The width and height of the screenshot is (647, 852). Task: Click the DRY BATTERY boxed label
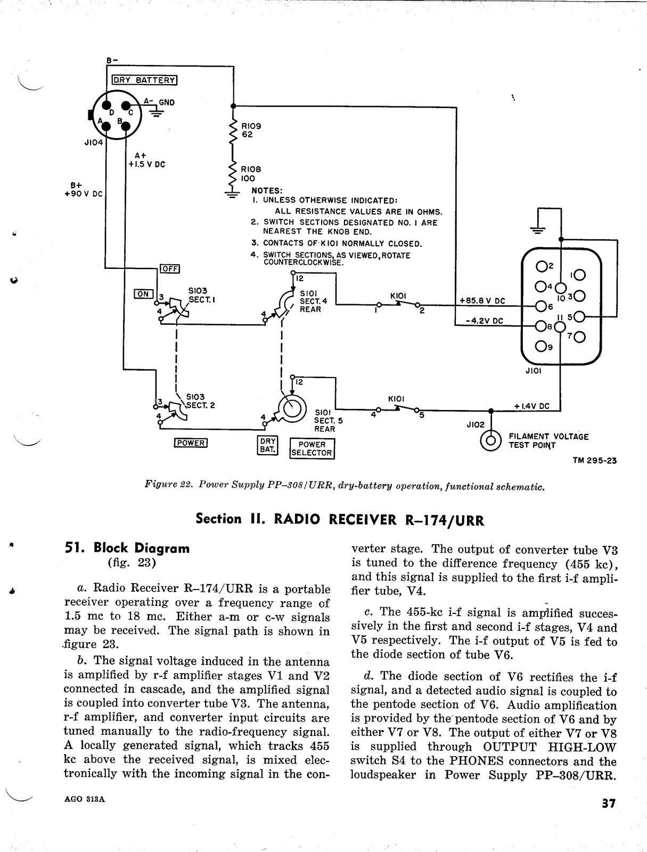click(144, 80)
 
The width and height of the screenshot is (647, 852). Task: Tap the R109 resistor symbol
click(233, 133)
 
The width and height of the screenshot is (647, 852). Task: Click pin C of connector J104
click(125, 106)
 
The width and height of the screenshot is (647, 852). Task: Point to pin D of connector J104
click(107, 105)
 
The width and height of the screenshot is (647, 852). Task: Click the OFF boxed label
click(170, 268)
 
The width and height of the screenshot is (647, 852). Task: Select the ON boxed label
click(143, 294)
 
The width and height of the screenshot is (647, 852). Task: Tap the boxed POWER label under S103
click(191, 443)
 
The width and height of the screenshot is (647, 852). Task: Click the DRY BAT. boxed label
click(268, 445)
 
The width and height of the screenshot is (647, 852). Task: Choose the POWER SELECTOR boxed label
click(312, 449)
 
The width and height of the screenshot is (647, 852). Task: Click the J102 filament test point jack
click(490, 440)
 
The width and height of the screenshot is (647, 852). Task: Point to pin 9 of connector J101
click(540, 346)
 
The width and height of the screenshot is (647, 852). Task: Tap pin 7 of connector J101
click(579, 337)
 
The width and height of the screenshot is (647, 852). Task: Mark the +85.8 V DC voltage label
click(482, 301)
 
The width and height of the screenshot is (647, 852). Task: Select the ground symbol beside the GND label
click(156, 112)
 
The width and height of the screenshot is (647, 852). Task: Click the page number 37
click(609, 802)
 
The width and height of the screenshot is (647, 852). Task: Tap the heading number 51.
click(75, 548)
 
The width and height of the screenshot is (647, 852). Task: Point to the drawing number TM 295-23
click(595, 461)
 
